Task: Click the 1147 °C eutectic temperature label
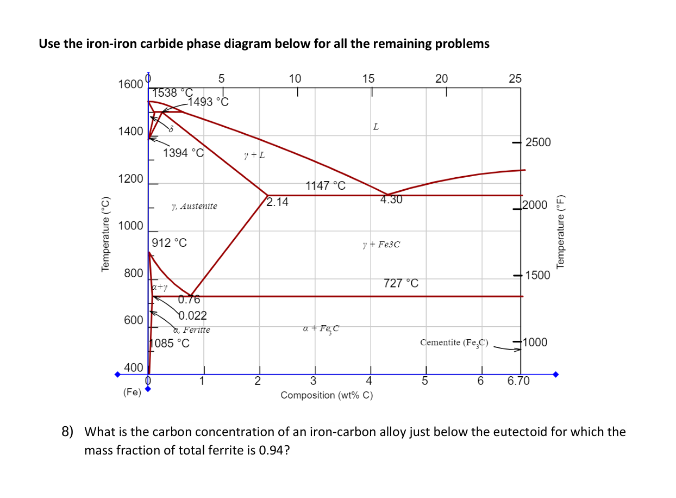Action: point(326,185)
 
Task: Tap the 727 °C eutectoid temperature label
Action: point(401,283)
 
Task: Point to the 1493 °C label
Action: point(208,101)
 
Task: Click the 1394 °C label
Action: point(183,152)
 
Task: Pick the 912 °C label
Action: point(170,242)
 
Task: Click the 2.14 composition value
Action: point(278,203)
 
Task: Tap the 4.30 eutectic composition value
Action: point(391,200)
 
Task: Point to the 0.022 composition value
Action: point(192,315)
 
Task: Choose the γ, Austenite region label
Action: point(194,206)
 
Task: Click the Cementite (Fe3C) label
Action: point(454,343)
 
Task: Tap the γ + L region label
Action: point(255,156)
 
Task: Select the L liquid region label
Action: point(375,127)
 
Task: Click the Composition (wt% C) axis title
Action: point(327,395)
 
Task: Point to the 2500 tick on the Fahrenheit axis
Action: point(537,142)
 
